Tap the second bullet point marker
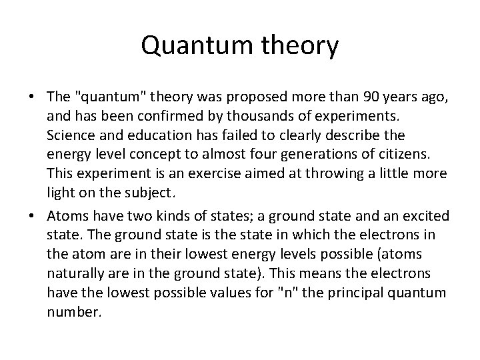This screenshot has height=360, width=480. pyautogui.click(x=31, y=217)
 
